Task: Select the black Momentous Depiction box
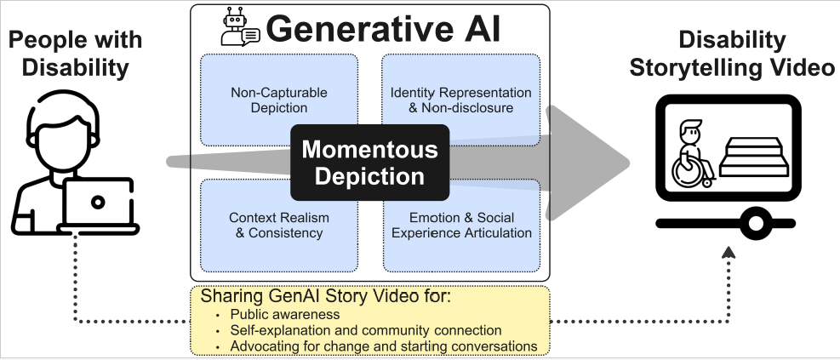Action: [x=369, y=163]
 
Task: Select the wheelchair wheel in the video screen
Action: [x=688, y=170]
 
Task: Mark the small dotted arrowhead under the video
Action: [x=728, y=253]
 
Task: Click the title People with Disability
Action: [x=76, y=53]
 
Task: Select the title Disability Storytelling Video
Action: [x=732, y=53]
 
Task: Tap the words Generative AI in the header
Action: [x=383, y=29]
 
